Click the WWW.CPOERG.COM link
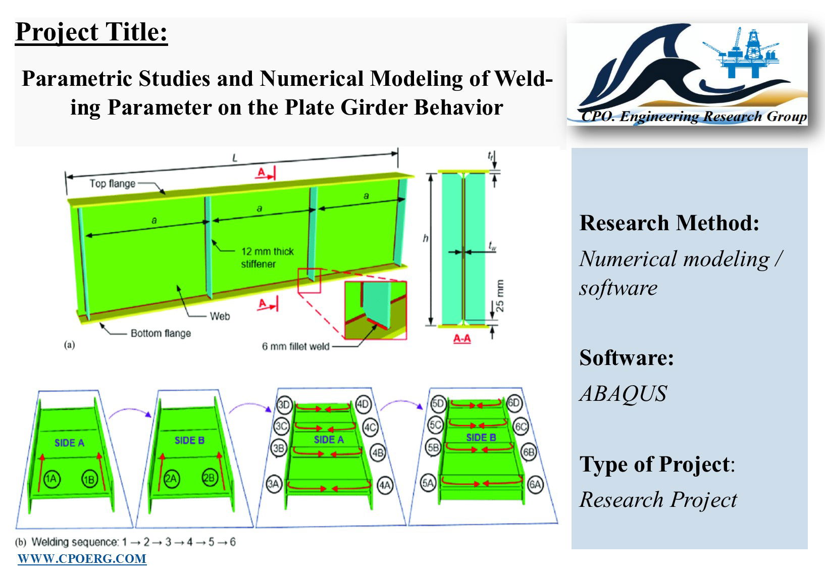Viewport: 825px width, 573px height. pyautogui.click(x=82, y=559)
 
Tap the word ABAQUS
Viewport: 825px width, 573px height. pyautogui.click(x=623, y=394)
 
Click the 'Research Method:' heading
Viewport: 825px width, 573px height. pyautogui.click(x=669, y=223)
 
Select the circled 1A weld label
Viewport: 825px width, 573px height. pyautogui.click(x=51, y=479)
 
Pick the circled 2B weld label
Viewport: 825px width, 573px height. pyautogui.click(x=210, y=478)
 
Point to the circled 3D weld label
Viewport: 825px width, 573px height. pyautogui.click(x=284, y=405)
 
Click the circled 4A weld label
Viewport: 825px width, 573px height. pyautogui.click(x=385, y=486)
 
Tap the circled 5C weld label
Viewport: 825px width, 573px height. pyautogui.click(x=435, y=425)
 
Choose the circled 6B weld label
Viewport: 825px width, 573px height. pyautogui.click(x=529, y=452)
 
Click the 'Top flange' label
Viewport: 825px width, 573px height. pyautogui.click(x=112, y=183)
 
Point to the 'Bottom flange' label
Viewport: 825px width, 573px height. pyautogui.click(x=161, y=333)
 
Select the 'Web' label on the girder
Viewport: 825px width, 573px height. pyautogui.click(x=220, y=317)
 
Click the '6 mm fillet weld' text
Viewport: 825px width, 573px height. pyautogui.click(x=295, y=346)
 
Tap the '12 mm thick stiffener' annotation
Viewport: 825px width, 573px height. pyautogui.click(x=268, y=258)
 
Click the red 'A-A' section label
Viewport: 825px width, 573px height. pyautogui.click(x=462, y=338)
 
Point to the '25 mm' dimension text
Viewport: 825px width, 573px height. pyautogui.click(x=499, y=296)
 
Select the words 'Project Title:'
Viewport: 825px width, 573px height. pyautogui.click(x=91, y=32)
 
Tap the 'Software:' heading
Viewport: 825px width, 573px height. pyautogui.click(x=627, y=357)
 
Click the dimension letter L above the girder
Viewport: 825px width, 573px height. pyautogui.click(x=235, y=159)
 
